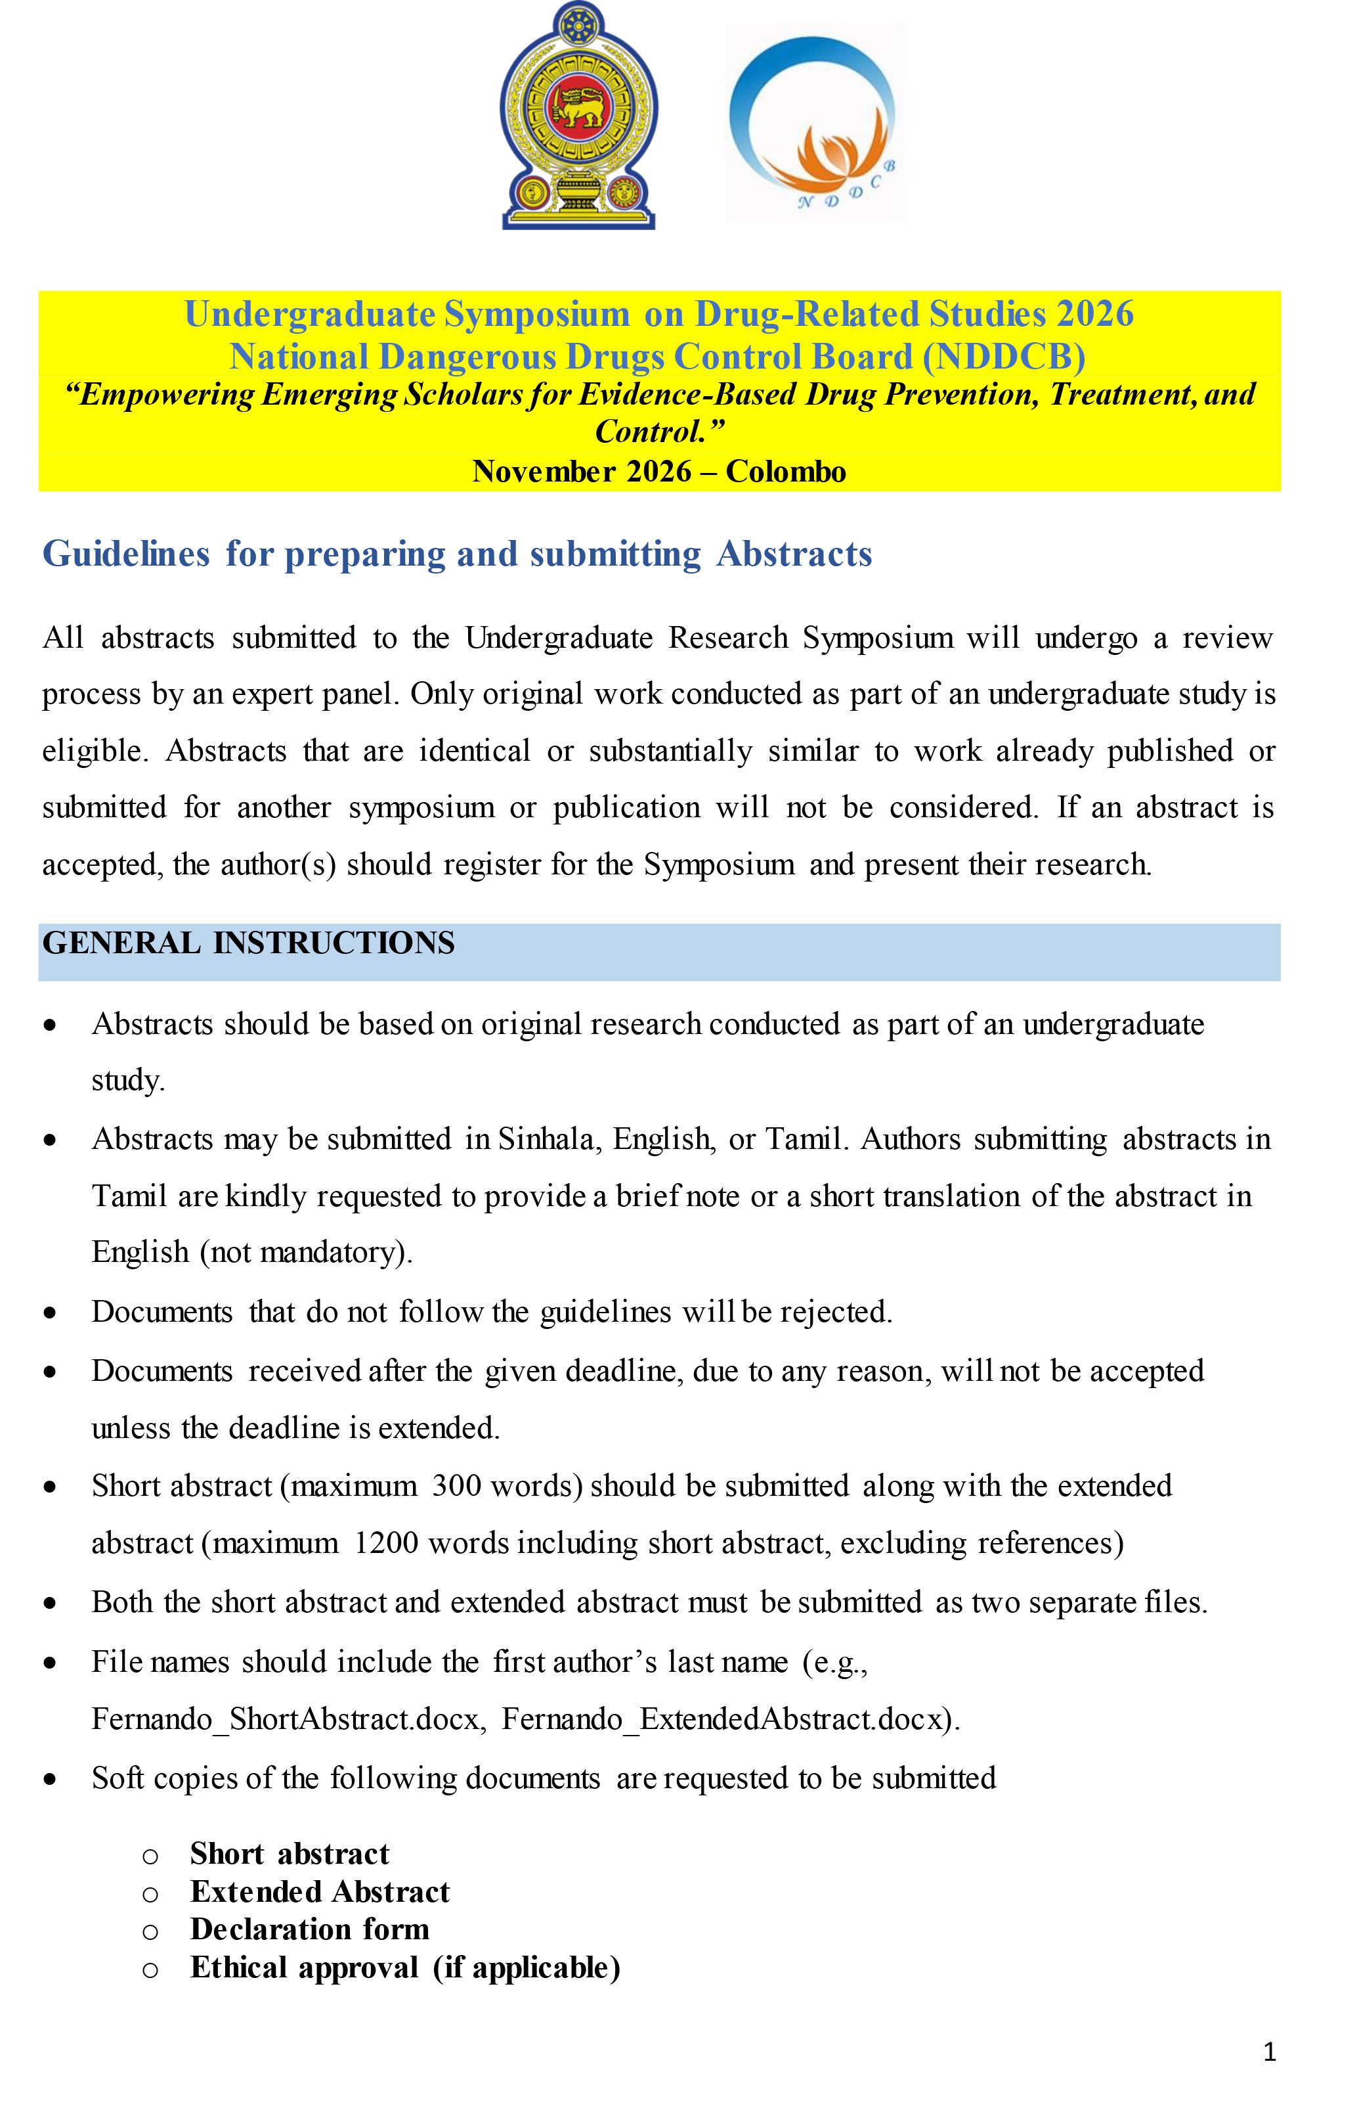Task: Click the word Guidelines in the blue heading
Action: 126,554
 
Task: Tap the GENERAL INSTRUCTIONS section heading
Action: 249,943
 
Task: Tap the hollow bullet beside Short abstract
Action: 151,1856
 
